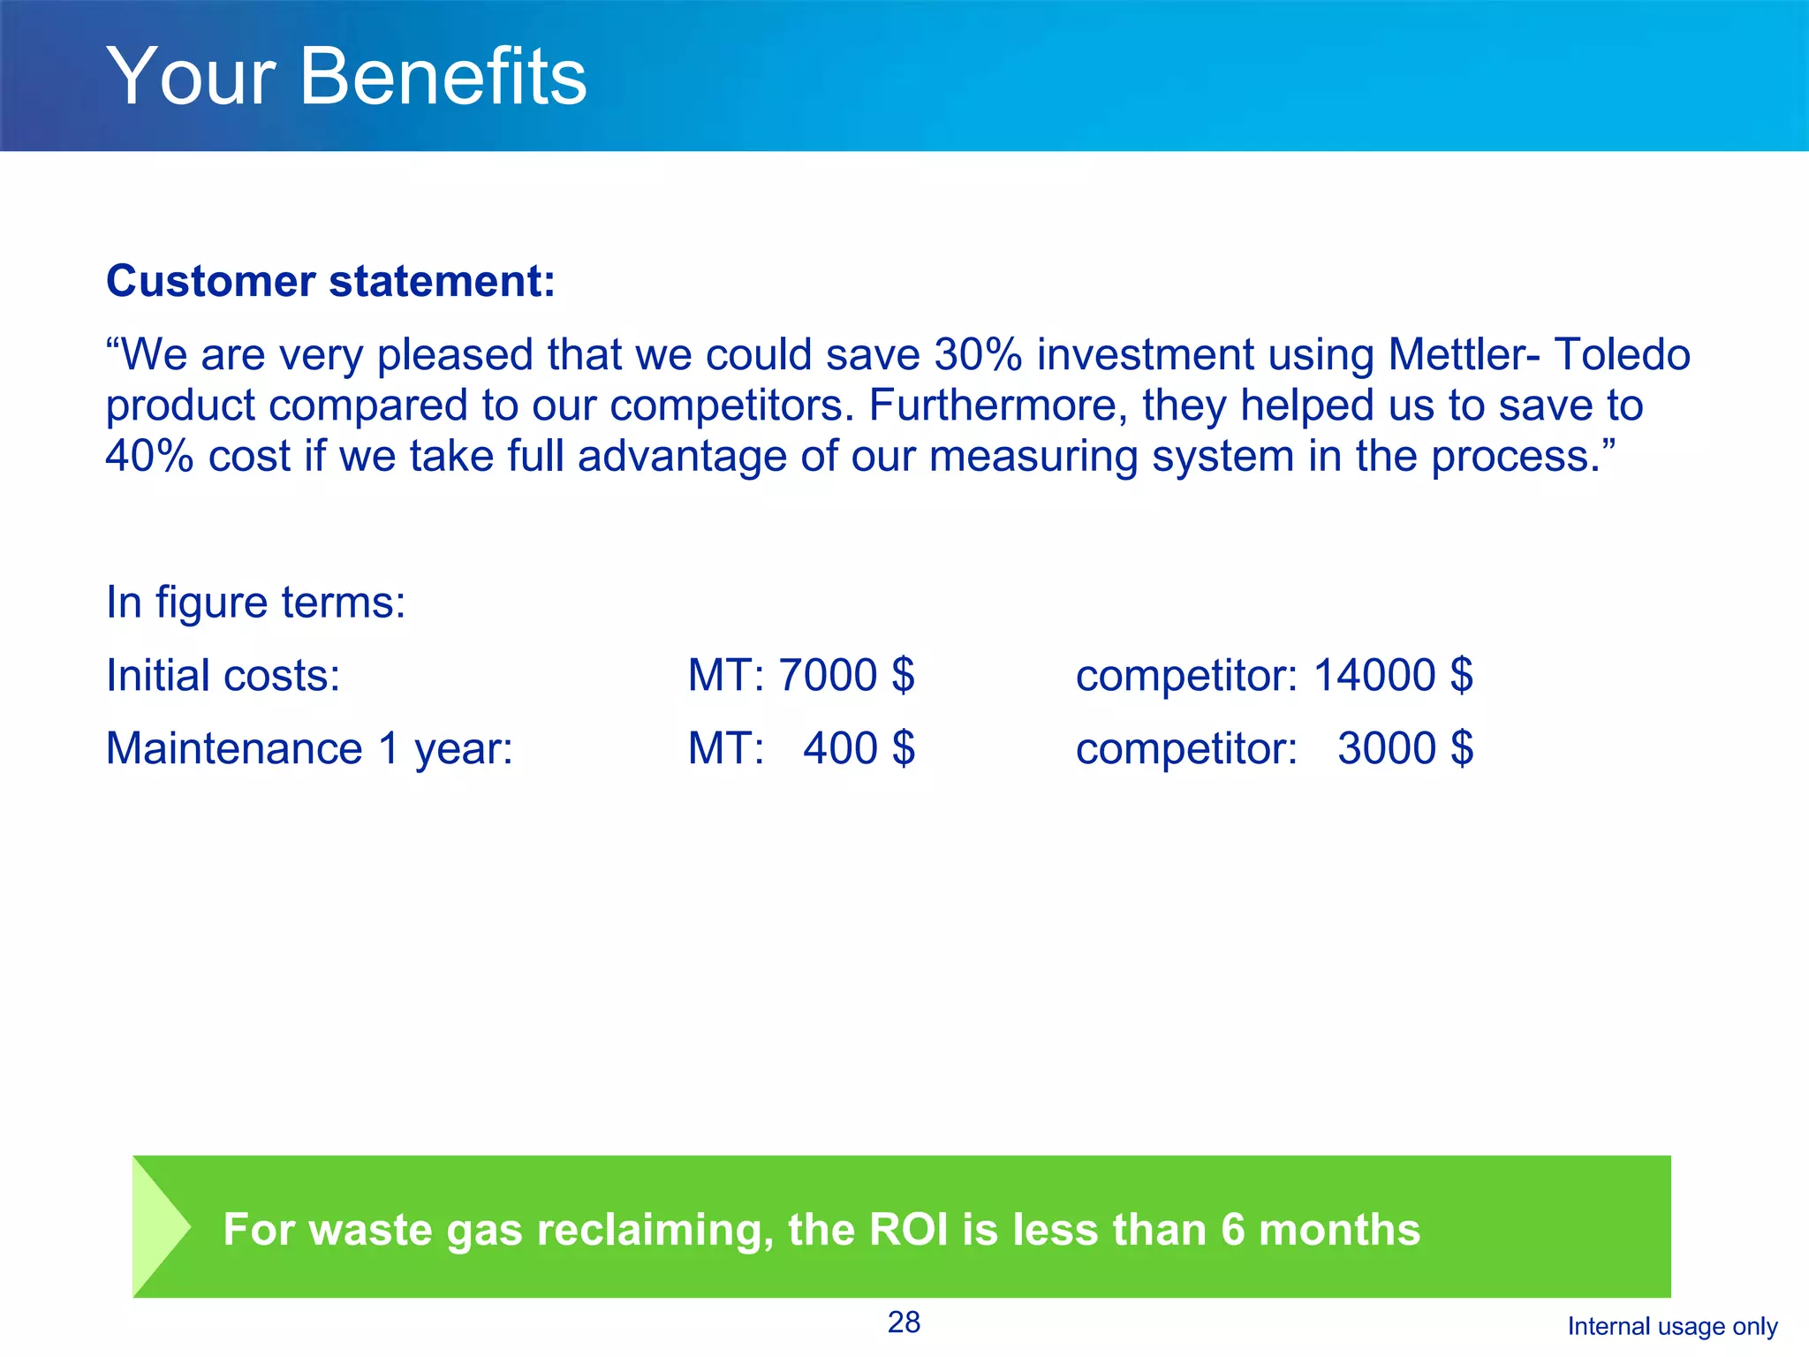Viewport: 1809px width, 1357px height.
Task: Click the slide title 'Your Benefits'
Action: coord(346,77)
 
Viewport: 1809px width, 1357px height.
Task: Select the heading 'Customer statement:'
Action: coord(330,282)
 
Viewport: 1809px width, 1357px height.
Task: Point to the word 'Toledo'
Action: coord(1622,355)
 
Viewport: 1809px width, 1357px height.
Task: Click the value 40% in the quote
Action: coord(149,457)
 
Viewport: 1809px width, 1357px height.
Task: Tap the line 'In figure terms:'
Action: coord(255,603)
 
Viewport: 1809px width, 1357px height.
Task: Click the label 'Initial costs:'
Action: coord(223,676)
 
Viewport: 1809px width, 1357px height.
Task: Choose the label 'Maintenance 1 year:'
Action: coord(309,749)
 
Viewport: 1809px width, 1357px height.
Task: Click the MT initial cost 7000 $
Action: coord(846,676)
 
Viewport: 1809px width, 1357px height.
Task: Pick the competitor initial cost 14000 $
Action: coord(1393,676)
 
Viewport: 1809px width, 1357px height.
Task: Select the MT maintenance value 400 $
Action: coord(859,749)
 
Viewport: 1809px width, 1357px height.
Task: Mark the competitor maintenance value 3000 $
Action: coord(1404,749)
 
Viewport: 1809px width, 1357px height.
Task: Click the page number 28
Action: coord(904,1323)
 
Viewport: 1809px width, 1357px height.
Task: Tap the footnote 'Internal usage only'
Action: coord(1672,1326)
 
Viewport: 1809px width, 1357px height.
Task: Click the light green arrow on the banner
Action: coord(159,1226)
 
